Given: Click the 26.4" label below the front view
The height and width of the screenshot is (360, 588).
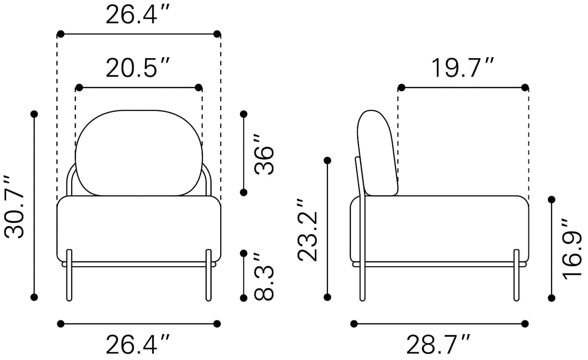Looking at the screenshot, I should coord(137,345).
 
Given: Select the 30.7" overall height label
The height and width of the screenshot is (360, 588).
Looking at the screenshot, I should coord(15,207).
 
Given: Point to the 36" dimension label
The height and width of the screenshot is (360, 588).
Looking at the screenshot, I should coord(264,154).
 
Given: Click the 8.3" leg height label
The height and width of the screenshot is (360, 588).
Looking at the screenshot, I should coord(264,277).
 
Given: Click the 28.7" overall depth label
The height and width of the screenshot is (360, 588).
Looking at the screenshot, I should coord(438,345).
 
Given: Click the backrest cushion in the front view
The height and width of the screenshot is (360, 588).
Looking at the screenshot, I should coord(139,153).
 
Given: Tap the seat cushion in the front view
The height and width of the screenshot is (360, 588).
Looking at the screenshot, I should coord(139,228).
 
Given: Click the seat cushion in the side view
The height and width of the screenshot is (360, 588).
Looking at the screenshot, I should coord(439,228).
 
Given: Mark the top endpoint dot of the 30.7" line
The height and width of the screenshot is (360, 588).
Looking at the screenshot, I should coord(34,114).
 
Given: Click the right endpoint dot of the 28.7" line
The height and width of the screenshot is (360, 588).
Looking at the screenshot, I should coord(525,324).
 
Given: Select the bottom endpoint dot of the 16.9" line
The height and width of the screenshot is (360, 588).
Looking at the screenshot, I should coord(552,298).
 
